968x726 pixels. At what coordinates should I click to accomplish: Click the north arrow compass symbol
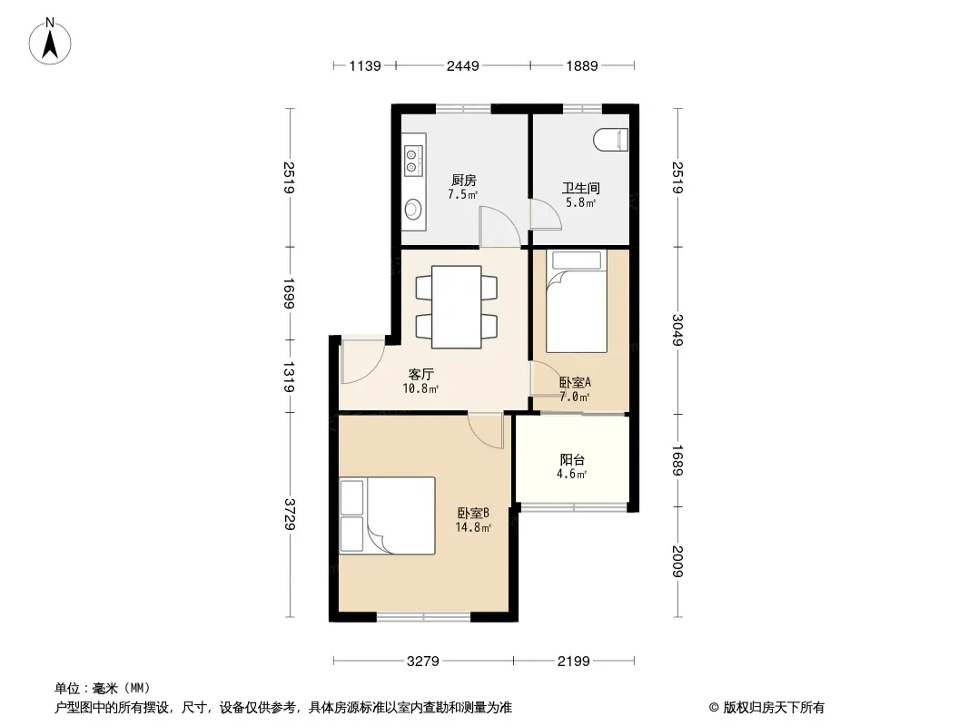[x=50, y=42]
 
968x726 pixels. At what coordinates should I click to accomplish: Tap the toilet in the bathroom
[x=610, y=140]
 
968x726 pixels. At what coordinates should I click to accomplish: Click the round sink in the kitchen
[x=413, y=209]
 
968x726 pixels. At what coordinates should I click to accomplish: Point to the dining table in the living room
[x=456, y=307]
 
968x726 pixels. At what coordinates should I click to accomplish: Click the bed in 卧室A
[x=577, y=301]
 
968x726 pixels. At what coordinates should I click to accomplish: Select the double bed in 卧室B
[x=387, y=515]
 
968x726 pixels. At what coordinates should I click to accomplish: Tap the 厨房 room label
[x=464, y=180]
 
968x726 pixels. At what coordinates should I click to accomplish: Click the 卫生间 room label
[x=581, y=188]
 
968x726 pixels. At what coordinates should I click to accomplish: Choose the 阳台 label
[x=572, y=459]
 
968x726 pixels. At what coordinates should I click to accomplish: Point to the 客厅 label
[x=421, y=375]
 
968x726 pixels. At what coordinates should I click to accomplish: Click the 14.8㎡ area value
[x=473, y=527]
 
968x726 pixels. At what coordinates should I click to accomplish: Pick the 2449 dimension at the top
[x=463, y=65]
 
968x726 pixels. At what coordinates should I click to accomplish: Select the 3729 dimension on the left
[x=290, y=515]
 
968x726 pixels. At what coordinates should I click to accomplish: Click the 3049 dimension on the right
[x=677, y=330]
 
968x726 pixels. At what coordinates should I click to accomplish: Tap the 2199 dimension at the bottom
[x=574, y=662]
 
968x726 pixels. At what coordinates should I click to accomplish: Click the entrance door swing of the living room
[x=363, y=362]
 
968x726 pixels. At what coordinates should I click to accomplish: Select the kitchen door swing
[x=500, y=226]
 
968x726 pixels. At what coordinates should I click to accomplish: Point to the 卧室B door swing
[x=487, y=431]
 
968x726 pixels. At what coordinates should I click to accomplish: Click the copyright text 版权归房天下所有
[x=774, y=708]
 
